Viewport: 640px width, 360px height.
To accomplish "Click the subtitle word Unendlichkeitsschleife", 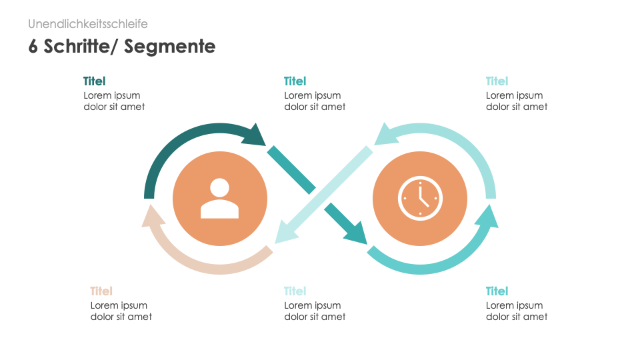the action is [x=88, y=24].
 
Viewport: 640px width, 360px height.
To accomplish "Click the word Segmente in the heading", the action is [x=169, y=46].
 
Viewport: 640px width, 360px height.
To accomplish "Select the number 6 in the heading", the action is [x=33, y=46].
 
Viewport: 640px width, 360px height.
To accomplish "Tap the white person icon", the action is [x=219, y=199].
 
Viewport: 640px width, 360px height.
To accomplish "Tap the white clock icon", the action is [x=420, y=199].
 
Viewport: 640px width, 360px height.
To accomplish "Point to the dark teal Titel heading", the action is [x=94, y=81].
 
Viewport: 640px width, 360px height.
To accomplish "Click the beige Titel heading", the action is [x=101, y=291].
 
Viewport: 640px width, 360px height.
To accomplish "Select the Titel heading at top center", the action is [x=295, y=81].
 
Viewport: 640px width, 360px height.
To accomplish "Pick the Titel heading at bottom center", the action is [x=295, y=291].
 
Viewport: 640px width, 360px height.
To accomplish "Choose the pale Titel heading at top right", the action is [x=497, y=81].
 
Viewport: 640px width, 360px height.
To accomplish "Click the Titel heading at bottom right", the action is [x=497, y=291].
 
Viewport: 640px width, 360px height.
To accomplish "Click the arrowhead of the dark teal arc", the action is [x=255, y=135].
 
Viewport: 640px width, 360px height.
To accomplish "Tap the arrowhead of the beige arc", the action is [x=153, y=216].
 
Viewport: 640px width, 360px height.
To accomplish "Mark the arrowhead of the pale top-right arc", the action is [x=385, y=134].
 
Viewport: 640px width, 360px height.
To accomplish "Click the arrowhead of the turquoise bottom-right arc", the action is [x=487, y=216].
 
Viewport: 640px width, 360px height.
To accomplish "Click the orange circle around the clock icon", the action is [x=420, y=199].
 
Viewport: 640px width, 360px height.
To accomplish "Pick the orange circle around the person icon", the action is [x=220, y=199].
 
